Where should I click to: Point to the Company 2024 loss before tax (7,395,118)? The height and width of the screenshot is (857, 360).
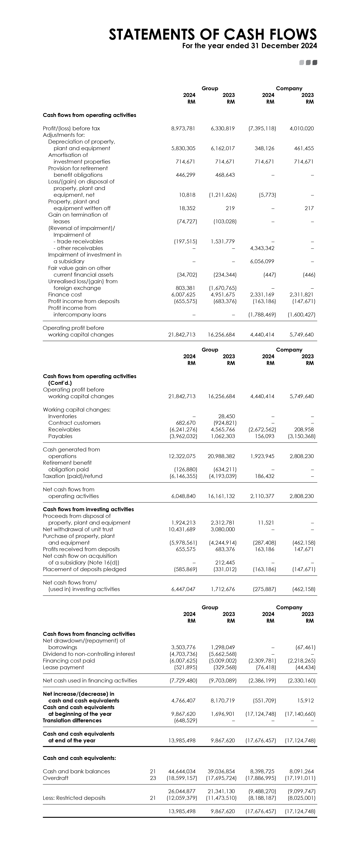[x=262, y=128]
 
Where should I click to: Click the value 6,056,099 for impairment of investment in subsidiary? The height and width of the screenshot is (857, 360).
[x=262, y=261]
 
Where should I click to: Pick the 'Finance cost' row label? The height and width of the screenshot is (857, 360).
[x=65, y=295]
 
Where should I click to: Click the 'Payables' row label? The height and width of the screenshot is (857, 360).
[x=60, y=436]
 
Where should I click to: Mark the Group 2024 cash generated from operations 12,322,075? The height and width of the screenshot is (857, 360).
[x=182, y=456]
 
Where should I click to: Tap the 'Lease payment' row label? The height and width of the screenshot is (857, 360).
[x=63, y=667]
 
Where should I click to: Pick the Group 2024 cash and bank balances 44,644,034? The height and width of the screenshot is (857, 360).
[x=182, y=772]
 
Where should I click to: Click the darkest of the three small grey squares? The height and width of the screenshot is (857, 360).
[x=315, y=63]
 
